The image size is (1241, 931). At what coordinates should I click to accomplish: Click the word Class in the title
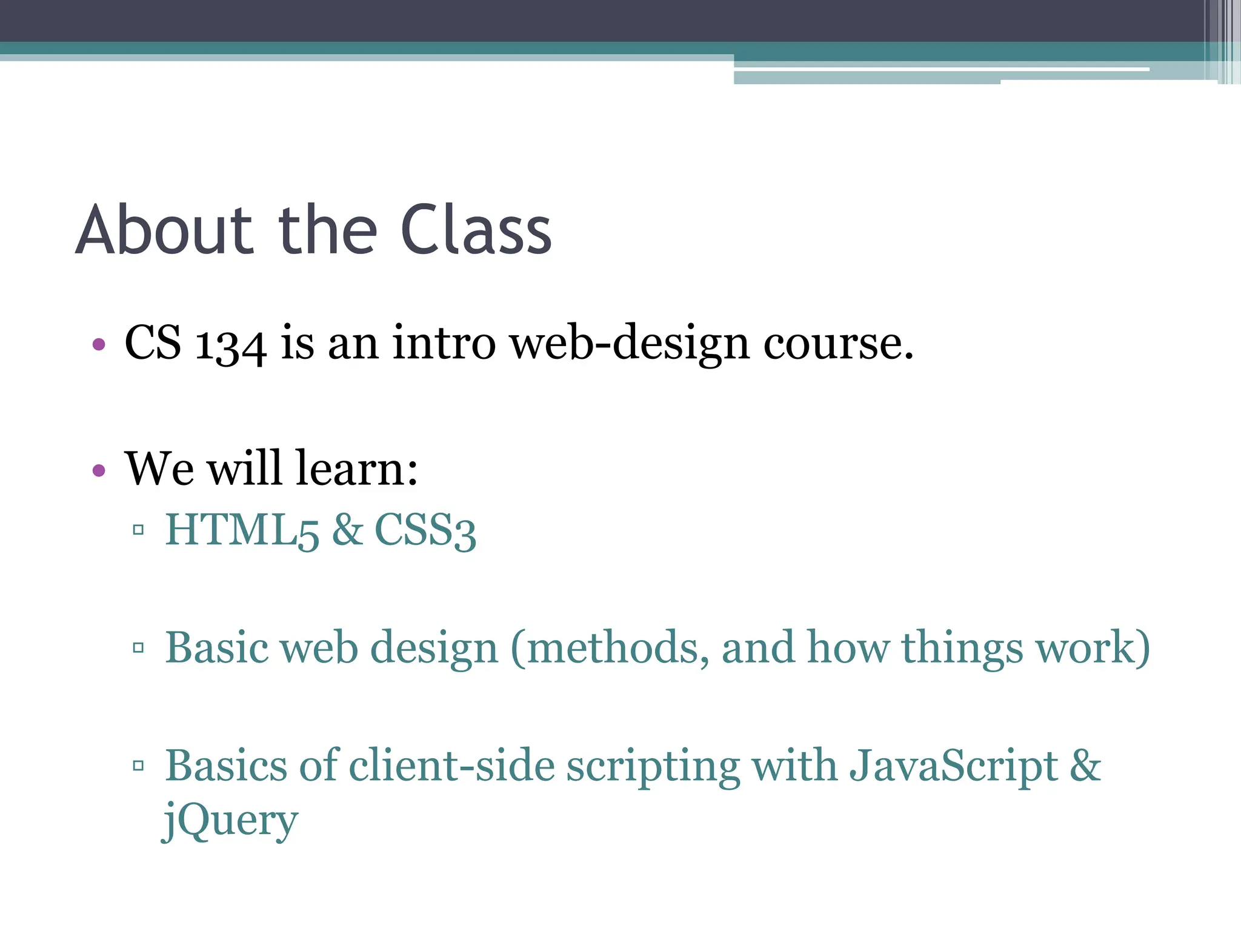(476, 230)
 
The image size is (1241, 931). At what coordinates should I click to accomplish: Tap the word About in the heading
(164, 230)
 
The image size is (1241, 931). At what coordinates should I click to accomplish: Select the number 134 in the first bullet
(230, 344)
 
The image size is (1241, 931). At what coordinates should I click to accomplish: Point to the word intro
(444, 343)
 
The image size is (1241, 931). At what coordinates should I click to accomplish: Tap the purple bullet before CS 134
(99, 345)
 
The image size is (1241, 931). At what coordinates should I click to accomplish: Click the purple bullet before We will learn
(99, 470)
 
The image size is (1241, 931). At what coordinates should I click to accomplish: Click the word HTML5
(242, 530)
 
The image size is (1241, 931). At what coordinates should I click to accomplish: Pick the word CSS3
(425, 530)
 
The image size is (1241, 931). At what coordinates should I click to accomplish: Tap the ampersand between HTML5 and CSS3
(347, 529)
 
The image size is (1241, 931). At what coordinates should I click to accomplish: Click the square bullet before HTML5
(138, 530)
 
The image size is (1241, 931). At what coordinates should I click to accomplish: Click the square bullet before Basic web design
(138, 648)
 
